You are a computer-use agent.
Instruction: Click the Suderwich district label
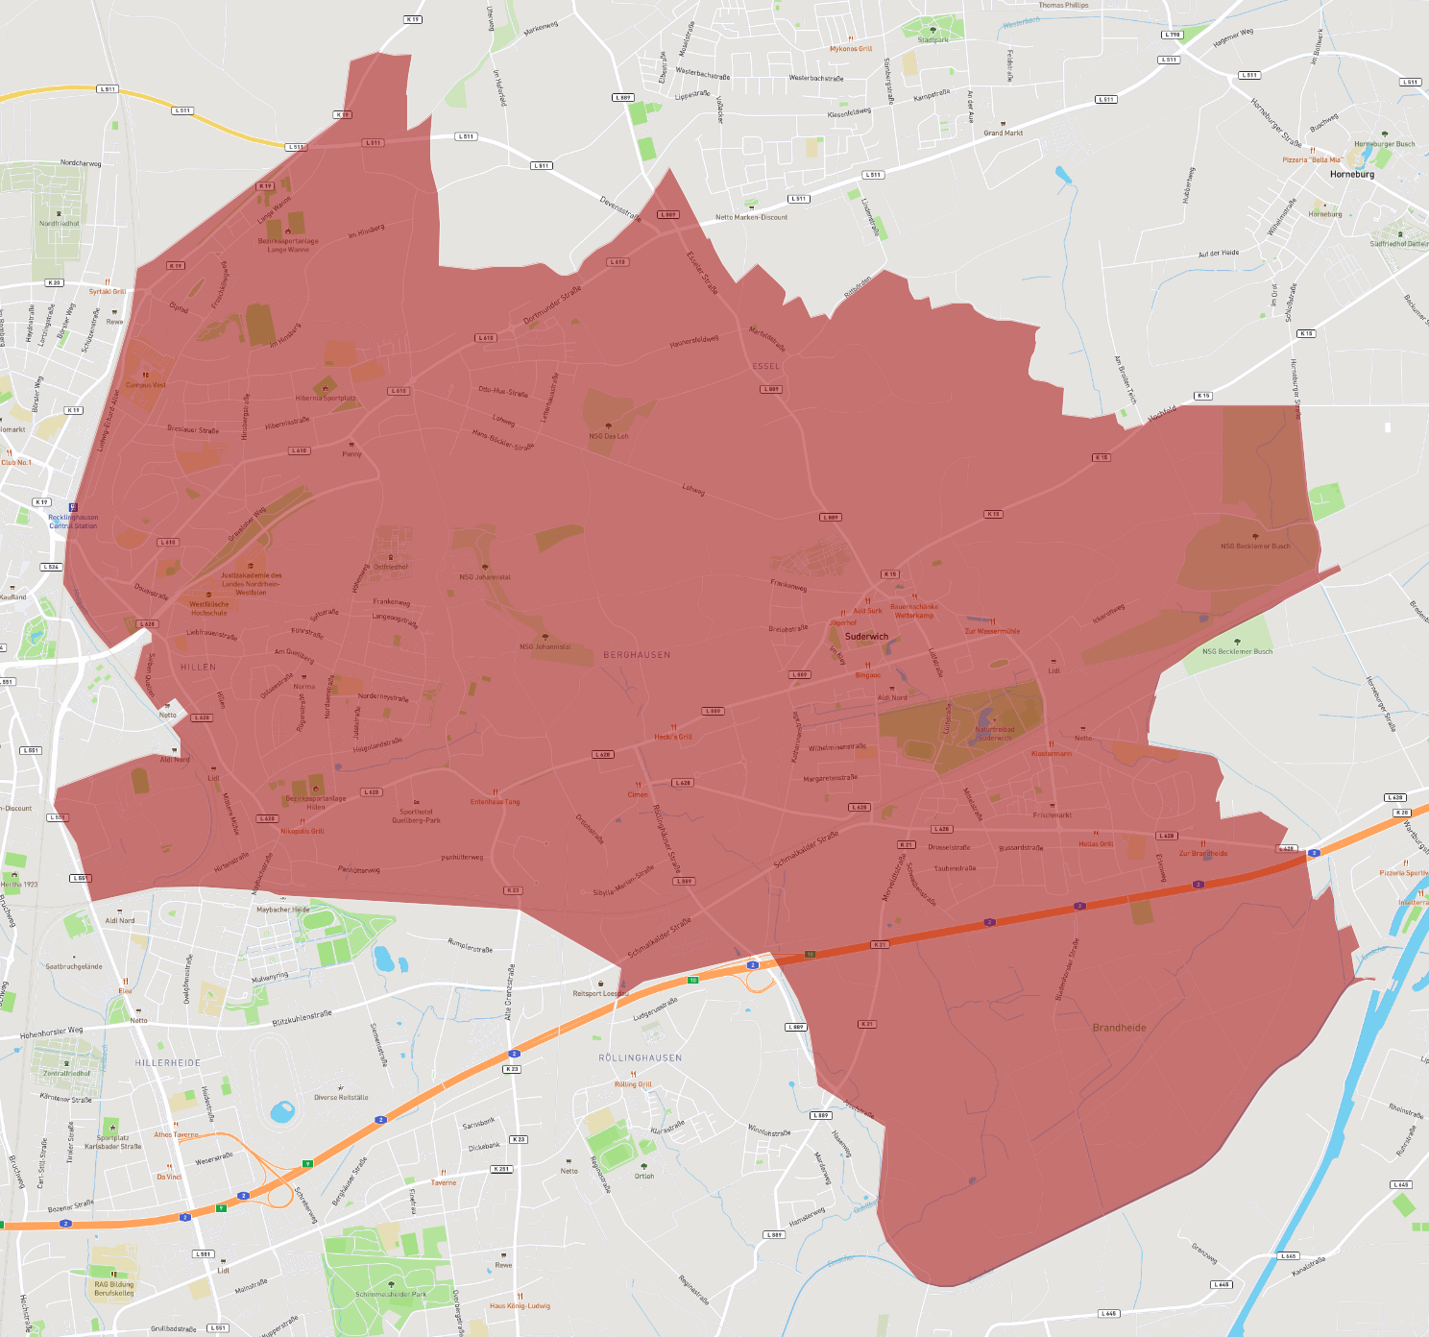coord(866,636)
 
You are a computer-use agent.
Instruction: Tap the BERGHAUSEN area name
coord(637,655)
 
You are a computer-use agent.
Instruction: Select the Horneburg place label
coord(1352,175)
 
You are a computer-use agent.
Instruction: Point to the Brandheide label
coord(1119,1028)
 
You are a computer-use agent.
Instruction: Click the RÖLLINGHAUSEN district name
coord(641,1057)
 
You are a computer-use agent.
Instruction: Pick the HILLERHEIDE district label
coord(168,1063)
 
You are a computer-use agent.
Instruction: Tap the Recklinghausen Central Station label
coord(73,522)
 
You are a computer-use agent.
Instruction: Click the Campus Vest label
coord(146,385)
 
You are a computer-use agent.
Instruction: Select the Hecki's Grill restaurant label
coord(673,737)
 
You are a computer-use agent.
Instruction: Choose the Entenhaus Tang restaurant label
coord(495,802)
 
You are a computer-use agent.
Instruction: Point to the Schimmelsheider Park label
coord(391,1294)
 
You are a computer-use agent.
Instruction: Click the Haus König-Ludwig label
coord(520,1305)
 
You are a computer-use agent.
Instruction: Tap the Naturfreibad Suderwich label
coord(994,733)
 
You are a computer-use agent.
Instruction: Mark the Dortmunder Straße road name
coord(552,305)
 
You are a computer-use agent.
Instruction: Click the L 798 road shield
coord(1172,35)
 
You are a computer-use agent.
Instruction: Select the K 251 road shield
coord(501,1169)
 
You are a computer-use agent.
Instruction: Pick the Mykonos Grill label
coord(851,49)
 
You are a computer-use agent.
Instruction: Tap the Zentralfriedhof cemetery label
coord(67,1073)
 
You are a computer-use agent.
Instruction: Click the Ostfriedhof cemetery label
coord(391,567)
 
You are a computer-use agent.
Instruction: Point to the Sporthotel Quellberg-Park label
coord(416,816)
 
